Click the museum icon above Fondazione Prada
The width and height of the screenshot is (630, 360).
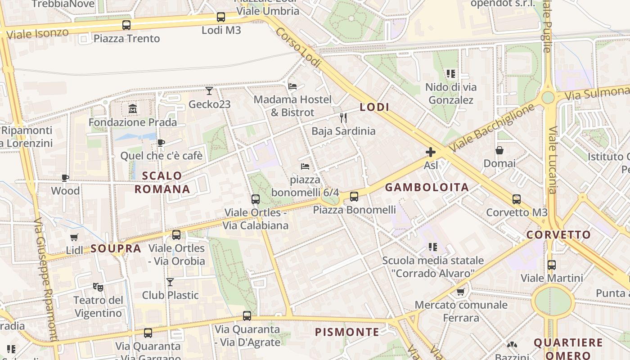tap(133, 108)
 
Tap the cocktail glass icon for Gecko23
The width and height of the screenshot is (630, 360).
tap(209, 91)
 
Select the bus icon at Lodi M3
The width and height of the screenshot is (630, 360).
tap(221, 17)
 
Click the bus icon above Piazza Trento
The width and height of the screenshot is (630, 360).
tap(126, 25)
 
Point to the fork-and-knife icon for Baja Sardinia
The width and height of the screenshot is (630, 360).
tap(343, 118)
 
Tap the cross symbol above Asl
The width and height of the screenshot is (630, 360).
tap(431, 152)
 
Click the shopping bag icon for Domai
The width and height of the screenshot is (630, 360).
tap(499, 150)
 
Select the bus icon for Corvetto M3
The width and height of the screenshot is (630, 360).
tap(517, 199)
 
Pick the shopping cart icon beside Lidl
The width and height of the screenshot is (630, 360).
tap(74, 237)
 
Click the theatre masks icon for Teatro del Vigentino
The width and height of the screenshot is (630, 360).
tap(98, 286)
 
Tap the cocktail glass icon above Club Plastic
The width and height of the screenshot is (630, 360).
tap(170, 282)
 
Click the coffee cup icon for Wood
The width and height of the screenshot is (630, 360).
tap(65, 178)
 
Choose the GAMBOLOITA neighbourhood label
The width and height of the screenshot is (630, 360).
tap(427, 187)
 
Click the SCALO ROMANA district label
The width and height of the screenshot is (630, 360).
tap(162, 182)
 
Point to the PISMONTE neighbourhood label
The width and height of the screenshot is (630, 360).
tap(347, 332)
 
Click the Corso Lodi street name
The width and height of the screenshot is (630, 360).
tap(298, 48)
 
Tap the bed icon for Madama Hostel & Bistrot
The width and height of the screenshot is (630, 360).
tap(292, 86)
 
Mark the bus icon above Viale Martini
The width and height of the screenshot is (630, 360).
tap(552, 265)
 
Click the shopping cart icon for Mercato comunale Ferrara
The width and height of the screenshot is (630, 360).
tap(461, 292)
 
